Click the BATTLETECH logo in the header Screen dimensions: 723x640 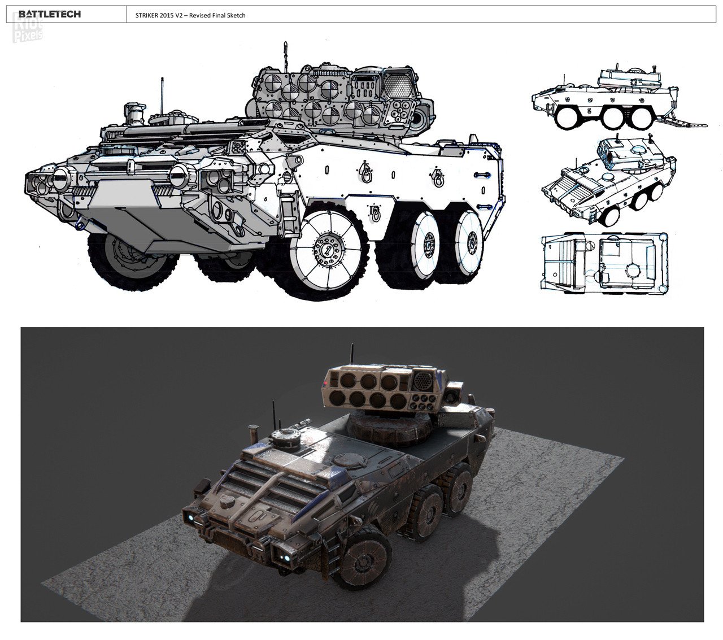pyautogui.click(x=50, y=14)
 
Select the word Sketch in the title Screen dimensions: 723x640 pyautogui.click(x=236, y=15)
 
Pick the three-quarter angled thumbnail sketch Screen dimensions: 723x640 pyautogui.click(x=608, y=181)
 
